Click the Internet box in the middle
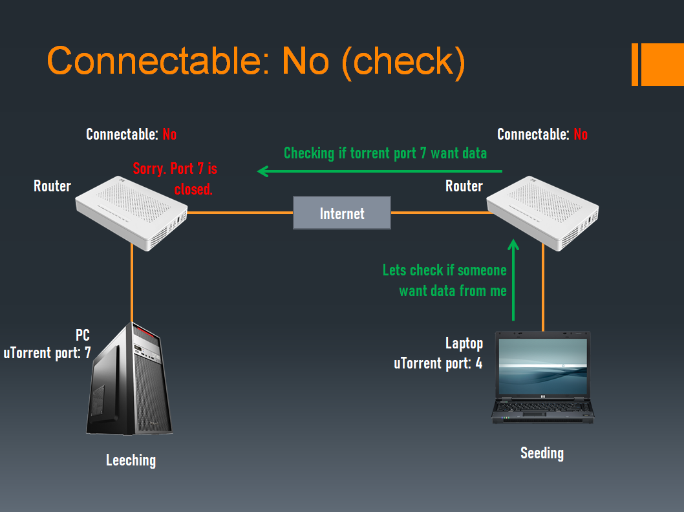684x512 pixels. click(x=342, y=213)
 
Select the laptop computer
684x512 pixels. click(x=542, y=378)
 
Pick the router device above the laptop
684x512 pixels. click(x=543, y=213)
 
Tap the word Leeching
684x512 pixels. click(x=131, y=460)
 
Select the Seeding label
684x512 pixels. click(x=542, y=453)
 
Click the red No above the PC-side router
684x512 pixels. click(x=169, y=134)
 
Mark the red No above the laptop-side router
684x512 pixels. click(x=581, y=134)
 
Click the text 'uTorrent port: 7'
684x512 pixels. click(x=47, y=354)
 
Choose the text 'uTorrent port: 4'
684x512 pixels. click(x=438, y=363)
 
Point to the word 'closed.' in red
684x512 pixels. click(x=193, y=190)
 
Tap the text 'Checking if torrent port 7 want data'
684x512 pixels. click(x=385, y=153)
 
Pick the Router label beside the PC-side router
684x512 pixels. click(x=52, y=186)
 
